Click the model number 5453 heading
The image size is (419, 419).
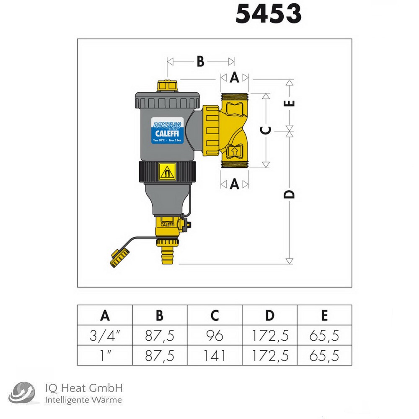(x=269, y=14)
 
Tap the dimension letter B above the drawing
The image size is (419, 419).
(x=201, y=62)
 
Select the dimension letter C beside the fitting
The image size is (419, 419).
(x=266, y=130)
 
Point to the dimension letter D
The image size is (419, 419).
(x=289, y=194)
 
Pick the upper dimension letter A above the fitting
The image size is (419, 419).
(x=235, y=78)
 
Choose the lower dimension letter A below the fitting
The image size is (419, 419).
(x=235, y=184)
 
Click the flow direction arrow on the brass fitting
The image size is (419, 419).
(x=234, y=150)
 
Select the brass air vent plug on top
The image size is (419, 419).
(x=166, y=86)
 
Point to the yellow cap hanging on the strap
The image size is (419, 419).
(x=120, y=257)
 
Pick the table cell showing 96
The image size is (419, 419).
(x=215, y=335)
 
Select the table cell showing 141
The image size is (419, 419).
(x=215, y=356)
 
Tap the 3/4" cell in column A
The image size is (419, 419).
(x=105, y=335)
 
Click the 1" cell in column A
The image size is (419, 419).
(x=105, y=356)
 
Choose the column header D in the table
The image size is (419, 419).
(x=270, y=315)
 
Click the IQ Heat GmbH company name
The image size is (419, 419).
(x=83, y=388)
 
